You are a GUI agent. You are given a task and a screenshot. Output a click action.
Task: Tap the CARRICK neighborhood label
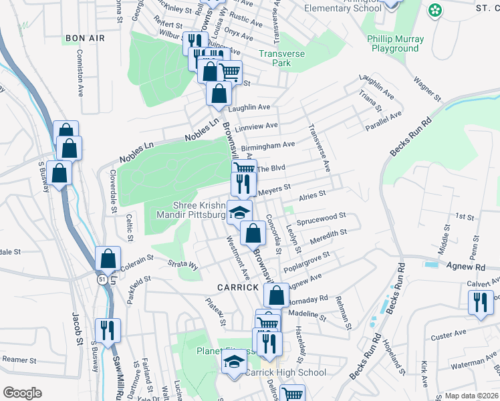237,287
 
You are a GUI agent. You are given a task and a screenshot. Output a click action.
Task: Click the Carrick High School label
285,372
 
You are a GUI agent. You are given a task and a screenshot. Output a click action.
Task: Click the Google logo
22,392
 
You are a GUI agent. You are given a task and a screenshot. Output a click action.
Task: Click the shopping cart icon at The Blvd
245,170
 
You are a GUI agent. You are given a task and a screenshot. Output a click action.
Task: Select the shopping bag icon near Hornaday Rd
275,294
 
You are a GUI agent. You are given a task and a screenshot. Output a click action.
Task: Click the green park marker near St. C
435,10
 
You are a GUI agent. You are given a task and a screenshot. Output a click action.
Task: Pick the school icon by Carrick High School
233,363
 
